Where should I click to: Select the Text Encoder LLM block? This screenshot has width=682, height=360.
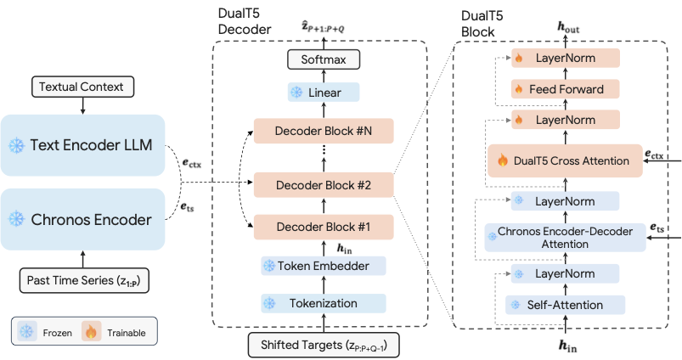82,144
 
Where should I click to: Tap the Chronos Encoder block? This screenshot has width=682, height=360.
82,219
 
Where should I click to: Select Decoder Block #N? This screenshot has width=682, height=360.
323,132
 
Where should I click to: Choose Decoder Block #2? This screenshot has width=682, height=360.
323,183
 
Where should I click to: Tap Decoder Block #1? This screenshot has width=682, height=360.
323,227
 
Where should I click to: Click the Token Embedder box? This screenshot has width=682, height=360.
323,266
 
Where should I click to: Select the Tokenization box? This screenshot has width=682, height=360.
323,303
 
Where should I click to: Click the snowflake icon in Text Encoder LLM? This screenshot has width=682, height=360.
16,145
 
